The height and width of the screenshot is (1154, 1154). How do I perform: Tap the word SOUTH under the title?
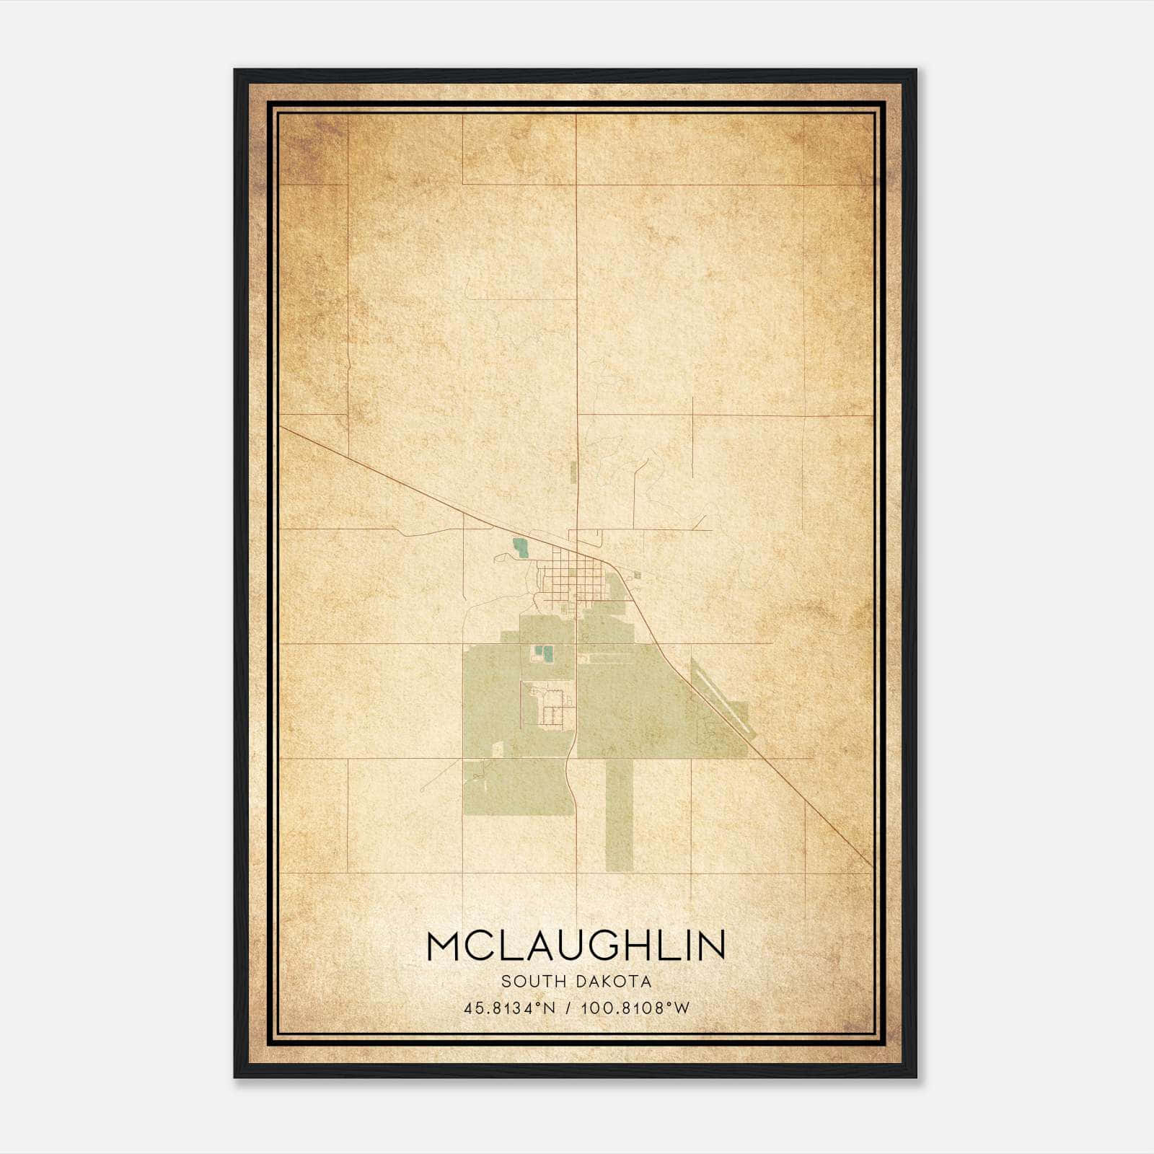tap(535, 982)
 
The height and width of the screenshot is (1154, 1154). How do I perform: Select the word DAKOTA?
tap(615, 982)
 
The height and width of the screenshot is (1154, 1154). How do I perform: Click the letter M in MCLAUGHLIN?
tap(443, 946)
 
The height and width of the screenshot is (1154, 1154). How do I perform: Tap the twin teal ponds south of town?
tap(542, 654)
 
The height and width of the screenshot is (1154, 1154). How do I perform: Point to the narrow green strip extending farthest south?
tap(619, 815)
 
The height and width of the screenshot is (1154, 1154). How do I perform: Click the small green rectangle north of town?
tap(573, 472)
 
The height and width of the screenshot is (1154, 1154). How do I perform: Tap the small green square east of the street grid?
tap(638, 576)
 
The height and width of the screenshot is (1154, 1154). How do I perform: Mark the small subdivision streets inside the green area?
tap(553, 708)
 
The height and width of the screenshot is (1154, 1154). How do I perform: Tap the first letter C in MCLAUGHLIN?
tap(476, 946)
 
